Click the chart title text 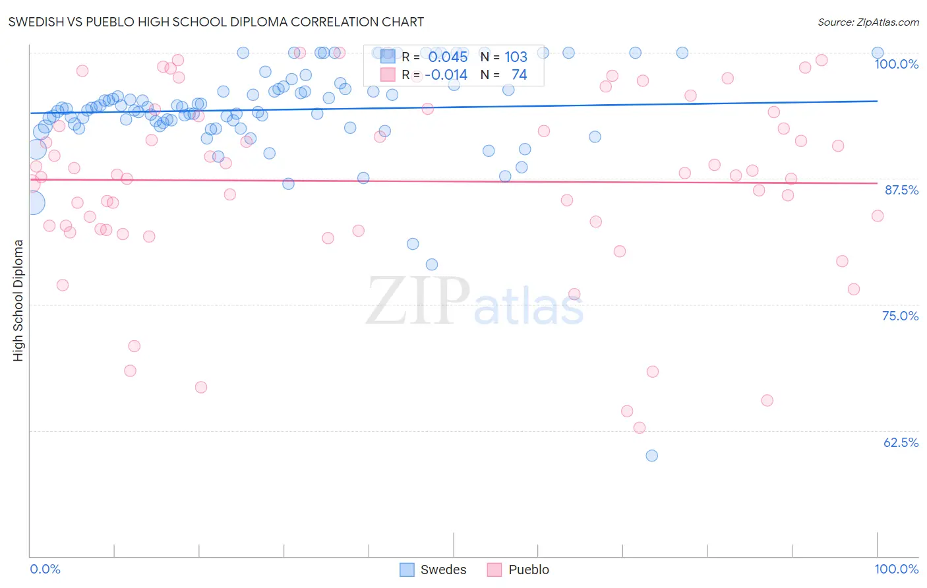point(216,22)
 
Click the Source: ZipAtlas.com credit point(868,22)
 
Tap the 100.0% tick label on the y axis point(896,64)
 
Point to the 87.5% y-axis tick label point(901,190)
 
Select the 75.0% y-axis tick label point(900,316)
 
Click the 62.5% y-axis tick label point(901,442)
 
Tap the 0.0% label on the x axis point(45,569)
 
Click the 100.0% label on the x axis point(896,569)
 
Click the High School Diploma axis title point(18,300)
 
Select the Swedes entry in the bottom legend point(442,570)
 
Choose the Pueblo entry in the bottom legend point(528,570)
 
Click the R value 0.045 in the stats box point(448,57)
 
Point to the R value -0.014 point(446,75)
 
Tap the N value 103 point(516,57)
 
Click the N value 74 point(519,75)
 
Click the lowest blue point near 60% point(651,456)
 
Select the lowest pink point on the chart point(639,428)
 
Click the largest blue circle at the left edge point(34,203)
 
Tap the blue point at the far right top point(878,53)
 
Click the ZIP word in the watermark point(418,301)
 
